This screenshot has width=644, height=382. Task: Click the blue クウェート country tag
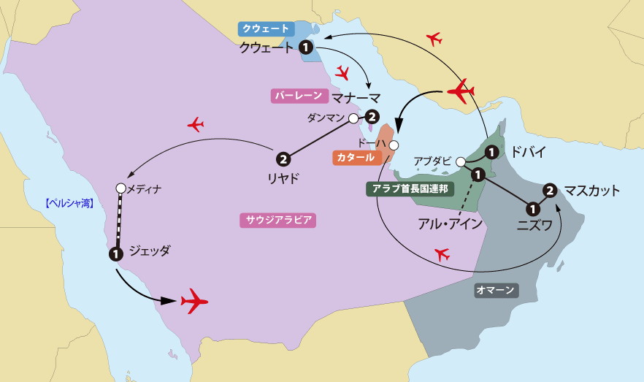[x=267, y=29]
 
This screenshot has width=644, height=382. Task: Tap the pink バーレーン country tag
[x=298, y=96]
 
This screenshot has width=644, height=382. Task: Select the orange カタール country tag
[x=356, y=157]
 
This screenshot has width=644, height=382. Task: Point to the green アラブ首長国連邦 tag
[x=409, y=188]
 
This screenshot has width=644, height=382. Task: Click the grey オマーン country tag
[x=496, y=291]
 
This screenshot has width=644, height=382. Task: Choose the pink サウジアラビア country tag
[x=277, y=219]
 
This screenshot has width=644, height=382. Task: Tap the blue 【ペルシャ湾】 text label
[x=69, y=203]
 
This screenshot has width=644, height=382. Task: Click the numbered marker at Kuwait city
[x=307, y=47]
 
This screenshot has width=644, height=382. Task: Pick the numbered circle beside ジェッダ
[x=115, y=254]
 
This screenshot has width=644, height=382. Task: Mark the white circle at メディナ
[x=120, y=188]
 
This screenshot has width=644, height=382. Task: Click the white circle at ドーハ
[x=394, y=145]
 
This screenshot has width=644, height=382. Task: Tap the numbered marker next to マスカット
[x=551, y=191]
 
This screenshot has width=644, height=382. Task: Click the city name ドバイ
[x=524, y=152]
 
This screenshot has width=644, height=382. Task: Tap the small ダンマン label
[x=326, y=118]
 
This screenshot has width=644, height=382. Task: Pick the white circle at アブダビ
[x=461, y=161]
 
